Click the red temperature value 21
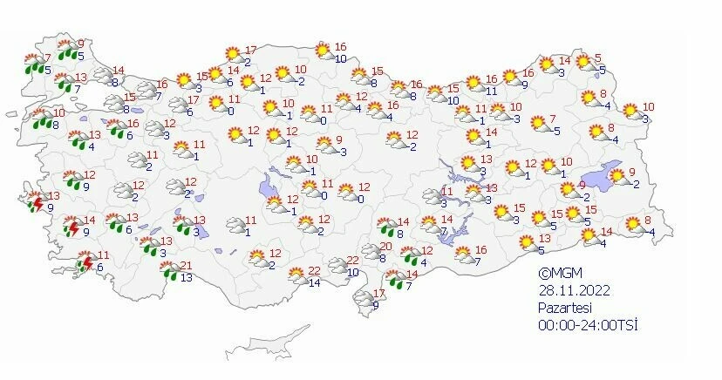pos(185,267)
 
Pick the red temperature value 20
pos(385,247)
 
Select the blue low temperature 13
pos(187,278)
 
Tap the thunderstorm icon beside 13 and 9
pos(35,203)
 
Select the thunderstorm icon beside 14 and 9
pos(72,229)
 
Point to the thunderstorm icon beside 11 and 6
pos(85,262)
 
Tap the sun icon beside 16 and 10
pos(323,51)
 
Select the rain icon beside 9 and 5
pos(65,51)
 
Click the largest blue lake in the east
pos(593,175)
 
